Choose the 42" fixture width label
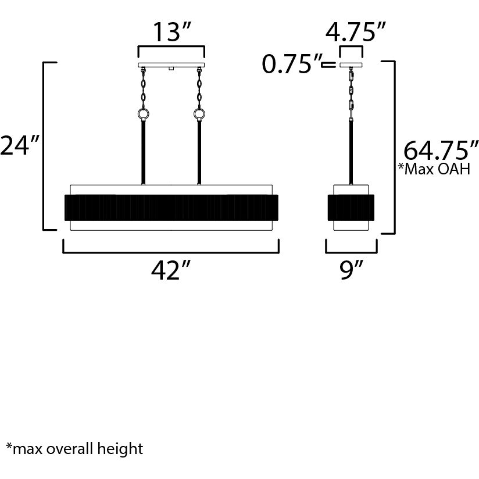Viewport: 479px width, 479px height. point(171,271)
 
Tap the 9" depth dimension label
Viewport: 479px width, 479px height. point(351,271)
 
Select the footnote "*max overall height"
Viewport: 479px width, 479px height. point(74,449)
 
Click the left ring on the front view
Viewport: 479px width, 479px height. point(143,114)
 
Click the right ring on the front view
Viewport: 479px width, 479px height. point(199,114)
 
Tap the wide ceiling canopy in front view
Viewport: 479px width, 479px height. point(171,65)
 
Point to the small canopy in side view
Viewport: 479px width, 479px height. point(351,65)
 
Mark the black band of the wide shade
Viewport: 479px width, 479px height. point(171,208)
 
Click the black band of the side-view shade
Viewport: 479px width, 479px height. point(351,208)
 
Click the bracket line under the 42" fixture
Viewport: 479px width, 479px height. point(171,252)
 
